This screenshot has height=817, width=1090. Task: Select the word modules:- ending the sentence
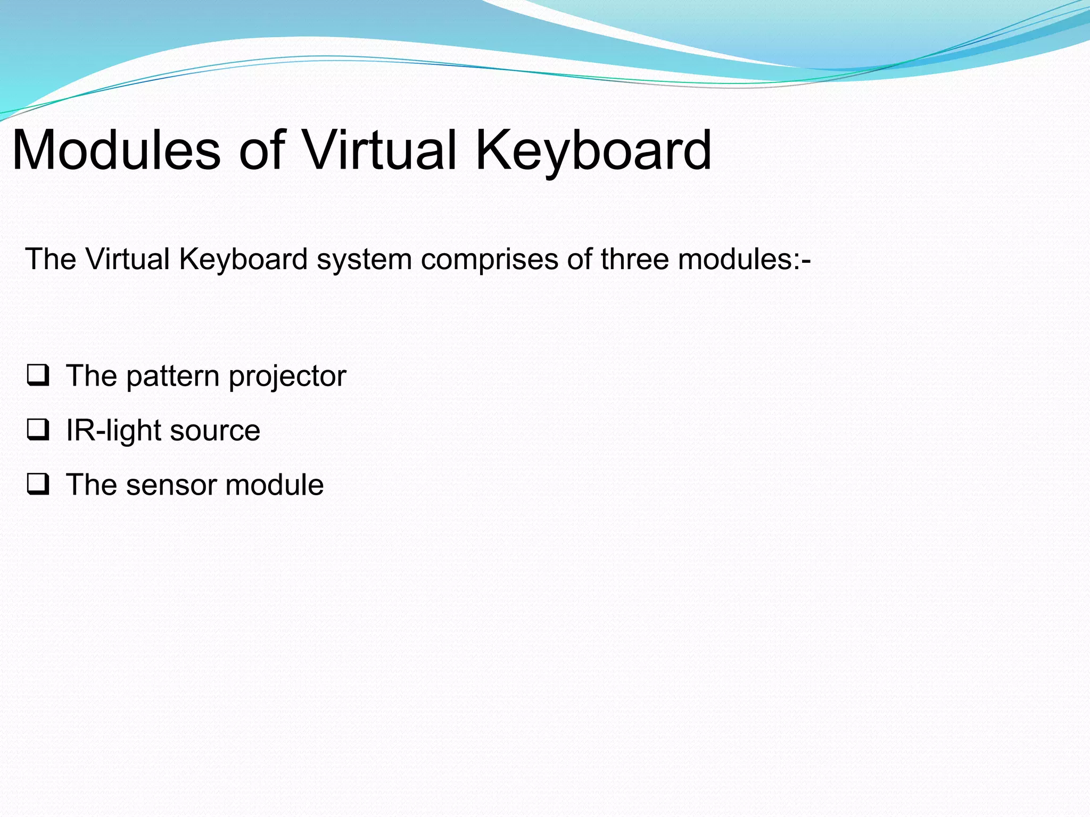click(x=744, y=260)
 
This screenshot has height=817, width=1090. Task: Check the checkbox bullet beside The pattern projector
click(x=38, y=375)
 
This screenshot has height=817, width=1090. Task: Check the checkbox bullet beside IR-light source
click(x=38, y=430)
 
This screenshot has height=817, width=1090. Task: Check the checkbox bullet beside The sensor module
click(x=38, y=484)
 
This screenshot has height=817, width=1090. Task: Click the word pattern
click(x=173, y=377)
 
